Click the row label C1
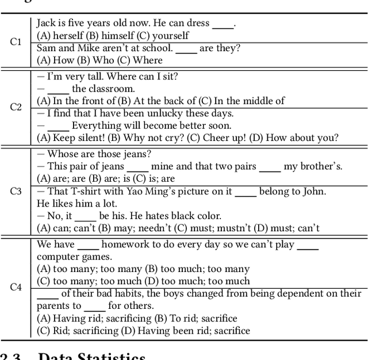16,42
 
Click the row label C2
16,107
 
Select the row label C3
16,191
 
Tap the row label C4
16,286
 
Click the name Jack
47,24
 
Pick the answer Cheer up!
226,137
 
